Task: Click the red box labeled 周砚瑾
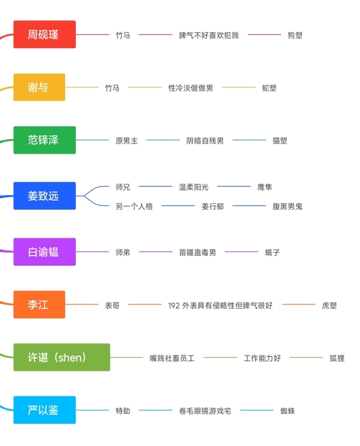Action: coord(44,34)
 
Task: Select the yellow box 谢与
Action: coord(39,87)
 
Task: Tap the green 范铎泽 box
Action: coord(44,140)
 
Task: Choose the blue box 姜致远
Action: coord(44,196)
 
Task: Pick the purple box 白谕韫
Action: coord(44,252)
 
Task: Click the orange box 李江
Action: coord(39,304)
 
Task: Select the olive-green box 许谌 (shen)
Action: coord(62,357)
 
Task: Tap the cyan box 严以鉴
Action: coord(44,410)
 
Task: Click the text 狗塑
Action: coord(294,35)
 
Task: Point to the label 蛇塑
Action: coord(269,88)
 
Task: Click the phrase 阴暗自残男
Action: coord(205,141)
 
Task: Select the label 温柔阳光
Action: coord(194,187)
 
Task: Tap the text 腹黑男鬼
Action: coord(287,206)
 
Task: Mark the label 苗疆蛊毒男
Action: coord(197,252)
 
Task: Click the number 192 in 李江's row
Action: coord(174,306)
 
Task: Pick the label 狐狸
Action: coord(337,358)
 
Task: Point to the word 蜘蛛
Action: coord(287,411)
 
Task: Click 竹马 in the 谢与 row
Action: coord(113,88)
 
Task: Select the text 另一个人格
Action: coord(134,206)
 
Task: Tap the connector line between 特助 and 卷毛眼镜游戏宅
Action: coord(156,410)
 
